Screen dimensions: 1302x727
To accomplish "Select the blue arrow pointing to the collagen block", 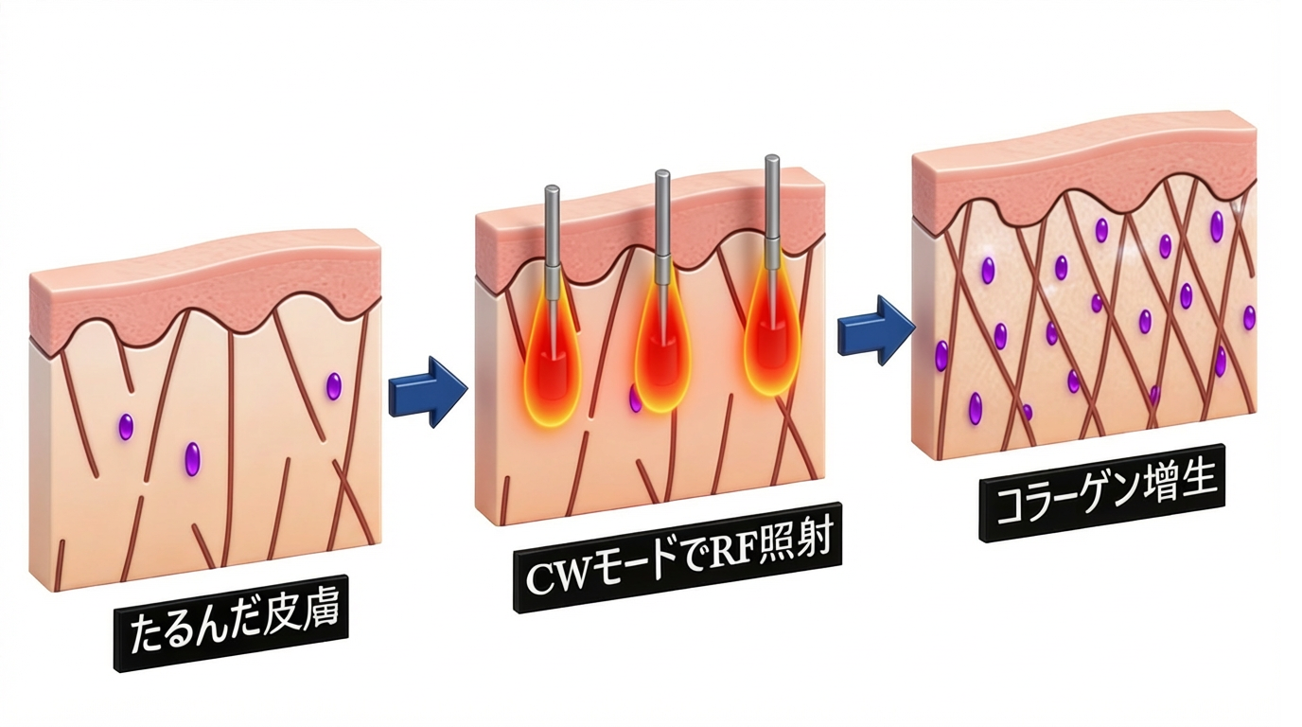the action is coord(876,329).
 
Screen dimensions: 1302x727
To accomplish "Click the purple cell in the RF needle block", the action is coord(635,400).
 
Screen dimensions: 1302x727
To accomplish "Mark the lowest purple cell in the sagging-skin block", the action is coord(192,458).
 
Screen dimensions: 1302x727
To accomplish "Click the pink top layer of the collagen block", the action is coord(1082,174).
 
